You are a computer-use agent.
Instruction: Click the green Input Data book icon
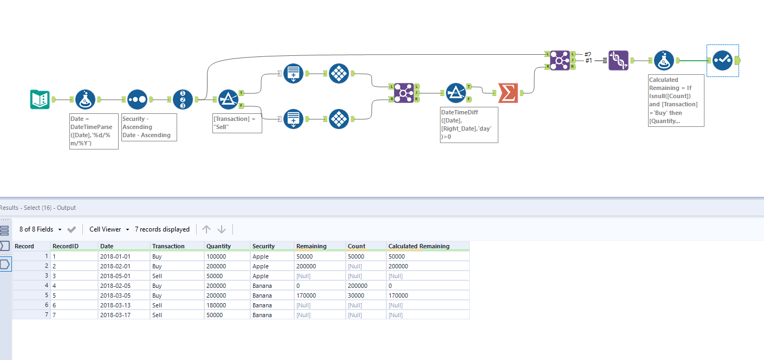click(x=40, y=99)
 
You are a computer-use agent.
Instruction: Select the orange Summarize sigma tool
click(x=508, y=93)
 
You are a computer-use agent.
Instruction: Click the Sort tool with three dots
click(x=137, y=99)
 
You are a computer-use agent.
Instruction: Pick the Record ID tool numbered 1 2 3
click(x=183, y=99)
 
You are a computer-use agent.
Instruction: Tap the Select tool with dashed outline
click(x=722, y=60)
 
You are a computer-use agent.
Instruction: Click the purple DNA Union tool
click(x=618, y=60)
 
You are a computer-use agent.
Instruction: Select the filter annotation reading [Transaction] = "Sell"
click(x=237, y=123)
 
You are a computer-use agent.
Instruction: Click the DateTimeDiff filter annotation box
click(x=469, y=124)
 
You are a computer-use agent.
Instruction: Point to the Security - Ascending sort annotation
click(x=149, y=127)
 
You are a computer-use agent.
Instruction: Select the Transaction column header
click(x=168, y=246)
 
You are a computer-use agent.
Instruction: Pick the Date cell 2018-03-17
click(x=114, y=315)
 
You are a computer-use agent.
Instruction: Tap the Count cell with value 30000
click(x=357, y=295)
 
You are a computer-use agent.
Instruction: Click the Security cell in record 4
click(x=261, y=286)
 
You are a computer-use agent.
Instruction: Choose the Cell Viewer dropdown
click(x=109, y=229)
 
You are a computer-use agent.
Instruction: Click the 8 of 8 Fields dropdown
click(x=40, y=229)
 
